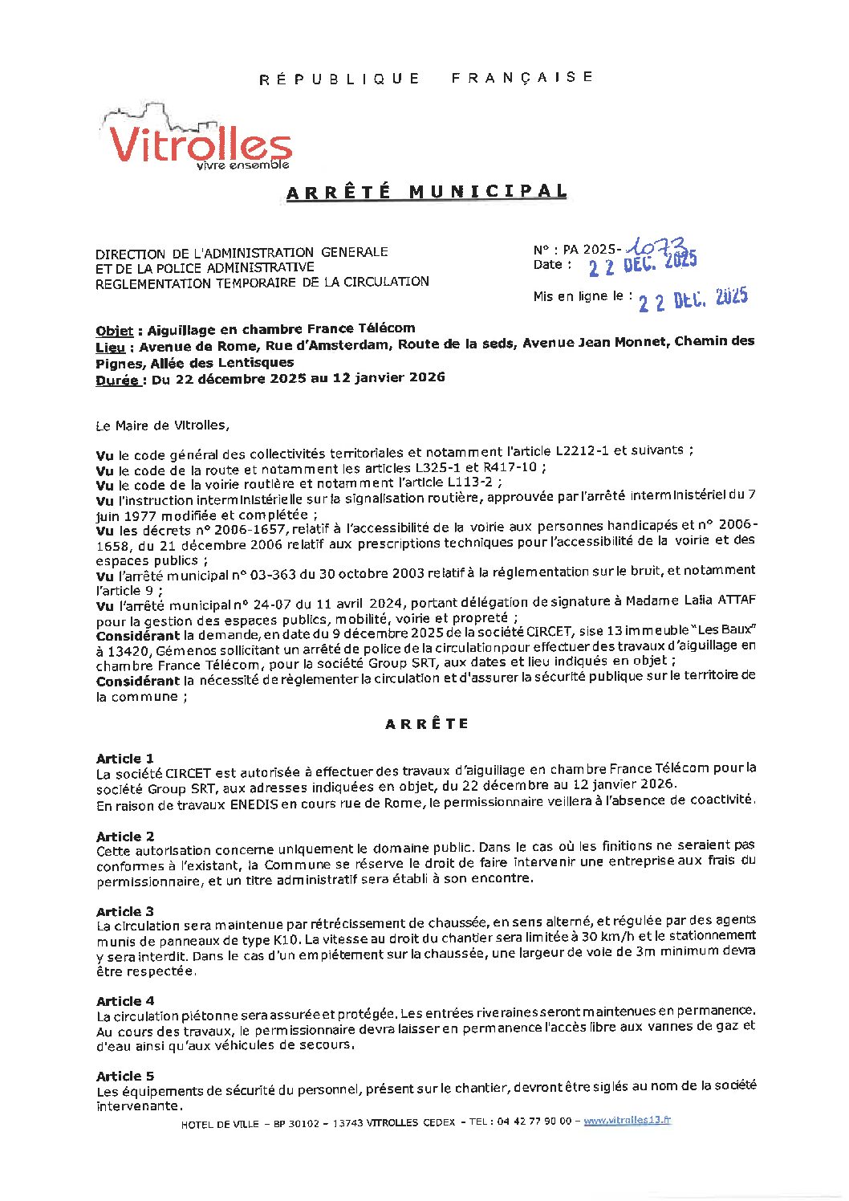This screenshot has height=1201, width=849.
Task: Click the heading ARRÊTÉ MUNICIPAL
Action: (x=426, y=192)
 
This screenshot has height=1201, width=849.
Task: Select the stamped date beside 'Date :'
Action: (x=642, y=264)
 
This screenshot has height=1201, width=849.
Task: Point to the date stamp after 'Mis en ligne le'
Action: (x=693, y=299)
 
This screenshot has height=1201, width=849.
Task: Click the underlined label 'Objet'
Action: (x=114, y=331)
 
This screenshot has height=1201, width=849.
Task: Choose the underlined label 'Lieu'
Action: (x=110, y=348)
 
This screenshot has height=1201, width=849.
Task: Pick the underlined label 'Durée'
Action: (x=116, y=381)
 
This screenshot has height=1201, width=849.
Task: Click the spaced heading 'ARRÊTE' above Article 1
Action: (x=426, y=724)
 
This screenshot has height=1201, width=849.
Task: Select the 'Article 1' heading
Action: (x=124, y=759)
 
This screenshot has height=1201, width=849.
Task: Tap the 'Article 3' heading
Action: (x=124, y=911)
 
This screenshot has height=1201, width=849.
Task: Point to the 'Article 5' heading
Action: (x=124, y=1076)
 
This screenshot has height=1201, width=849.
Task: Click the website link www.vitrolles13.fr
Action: (x=627, y=1120)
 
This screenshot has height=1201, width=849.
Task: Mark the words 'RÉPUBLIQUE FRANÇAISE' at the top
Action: (x=426, y=78)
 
